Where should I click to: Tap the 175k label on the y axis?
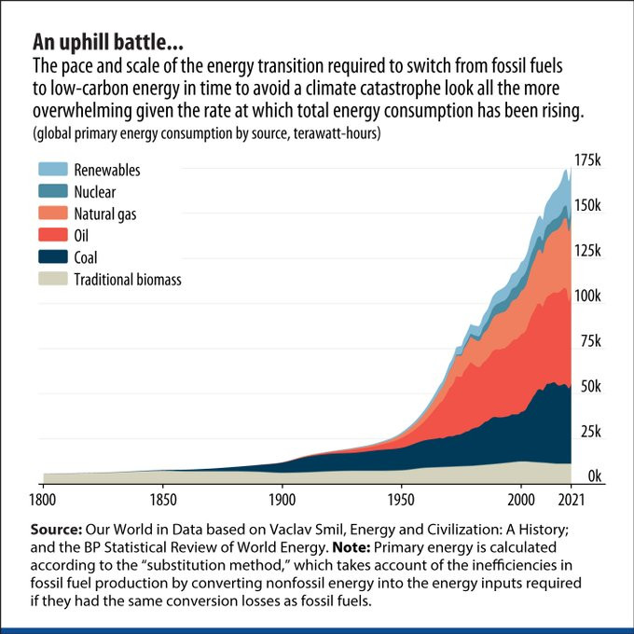point(587,161)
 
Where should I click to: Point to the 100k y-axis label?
point(587,296)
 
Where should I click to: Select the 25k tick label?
point(587,433)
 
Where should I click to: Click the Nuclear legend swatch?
point(52,192)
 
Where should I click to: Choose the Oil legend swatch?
point(52,236)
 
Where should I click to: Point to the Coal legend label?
point(86,257)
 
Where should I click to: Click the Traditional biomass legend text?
point(128,279)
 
